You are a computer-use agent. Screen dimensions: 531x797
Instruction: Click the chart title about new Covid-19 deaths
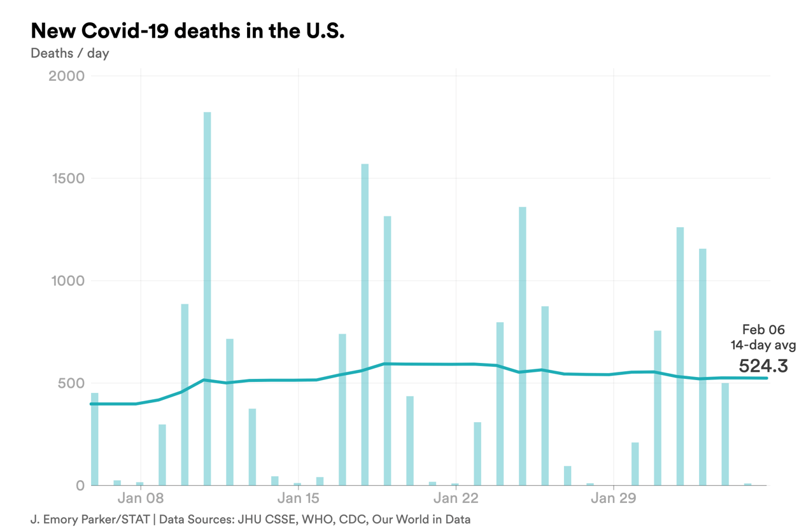pyautogui.click(x=187, y=31)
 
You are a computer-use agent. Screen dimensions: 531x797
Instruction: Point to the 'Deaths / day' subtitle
pyautogui.click(x=69, y=53)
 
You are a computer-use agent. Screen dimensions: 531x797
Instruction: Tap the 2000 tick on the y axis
pyautogui.click(x=66, y=76)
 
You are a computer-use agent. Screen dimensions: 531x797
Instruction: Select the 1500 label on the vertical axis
pyautogui.click(x=67, y=178)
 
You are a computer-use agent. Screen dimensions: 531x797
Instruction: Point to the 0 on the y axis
pyautogui.click(x=80, y=486)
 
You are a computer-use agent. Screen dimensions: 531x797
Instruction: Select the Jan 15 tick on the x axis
pyautogui.click(x=298, y=498)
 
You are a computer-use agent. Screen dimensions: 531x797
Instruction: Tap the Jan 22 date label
pyautogui.click(x=455, y=498)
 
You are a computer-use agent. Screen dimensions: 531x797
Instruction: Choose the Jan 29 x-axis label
pyautogui.click(x=613, y=498)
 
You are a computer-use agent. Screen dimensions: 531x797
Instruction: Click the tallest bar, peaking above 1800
pyautogui.click(x=208, y=299)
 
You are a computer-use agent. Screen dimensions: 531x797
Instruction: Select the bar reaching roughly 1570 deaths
pyautogui.click(x=365, y=325)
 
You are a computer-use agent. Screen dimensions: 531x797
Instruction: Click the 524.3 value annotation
pyautogui.click(x=763, y=365)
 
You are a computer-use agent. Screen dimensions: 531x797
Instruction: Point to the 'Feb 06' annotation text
pyautogui.click(x=763, y=330)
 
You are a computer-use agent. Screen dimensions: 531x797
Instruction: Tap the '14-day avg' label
pyautogui.click(x=763, y=345)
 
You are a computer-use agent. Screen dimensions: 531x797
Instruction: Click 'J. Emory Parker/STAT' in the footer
pyautogui.click(x=90, y=519)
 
